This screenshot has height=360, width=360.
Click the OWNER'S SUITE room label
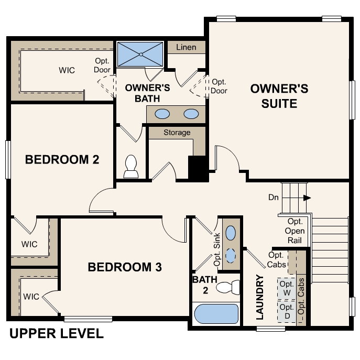coord(279,95)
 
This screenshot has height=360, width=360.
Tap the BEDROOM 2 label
coord(62,159)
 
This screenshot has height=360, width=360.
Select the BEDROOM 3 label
coord(125,267)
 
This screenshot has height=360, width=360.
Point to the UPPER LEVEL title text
coord(57,333)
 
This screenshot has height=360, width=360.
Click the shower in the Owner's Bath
coord(140,54)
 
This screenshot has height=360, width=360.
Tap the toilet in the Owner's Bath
coord(130,166)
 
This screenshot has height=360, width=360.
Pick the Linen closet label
coord(186,47)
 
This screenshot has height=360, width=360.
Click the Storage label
coord(177,133)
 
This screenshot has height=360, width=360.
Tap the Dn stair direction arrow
coord(307,198)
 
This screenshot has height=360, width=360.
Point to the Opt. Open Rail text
coord(295,231)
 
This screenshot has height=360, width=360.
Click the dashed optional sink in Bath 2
coord(231,255)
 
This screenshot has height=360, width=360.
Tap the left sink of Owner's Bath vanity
coord(163,113)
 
